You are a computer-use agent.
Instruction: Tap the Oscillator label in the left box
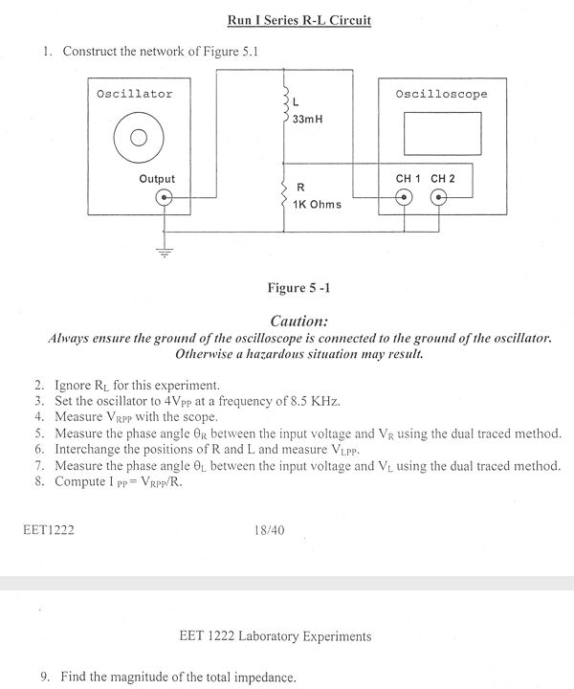[x=135, y=94]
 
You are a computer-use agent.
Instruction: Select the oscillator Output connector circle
[x=166, y=199]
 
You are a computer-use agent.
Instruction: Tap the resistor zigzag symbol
[x=284, y=195]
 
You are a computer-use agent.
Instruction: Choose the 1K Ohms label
[x=318, y=204]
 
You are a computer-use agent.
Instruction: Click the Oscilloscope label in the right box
[x=441, y=94]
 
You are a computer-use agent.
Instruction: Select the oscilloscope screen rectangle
[x=440, y=133]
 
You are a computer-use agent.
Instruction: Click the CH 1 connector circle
[x=405, y=199]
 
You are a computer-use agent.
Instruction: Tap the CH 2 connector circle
[x=439, y=199]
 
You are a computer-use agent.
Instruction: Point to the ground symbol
[x=165, y=253]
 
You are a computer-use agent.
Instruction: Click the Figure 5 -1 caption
[x=300, y=286]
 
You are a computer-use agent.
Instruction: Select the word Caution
[x=299, y=322]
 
